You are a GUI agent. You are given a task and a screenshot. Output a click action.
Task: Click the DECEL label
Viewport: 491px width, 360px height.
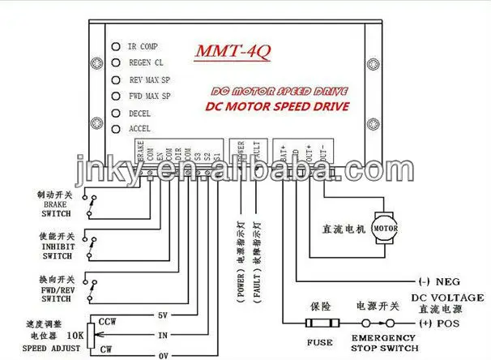(140, 114)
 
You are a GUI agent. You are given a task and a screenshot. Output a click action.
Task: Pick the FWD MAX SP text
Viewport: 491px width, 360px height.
(151, 96)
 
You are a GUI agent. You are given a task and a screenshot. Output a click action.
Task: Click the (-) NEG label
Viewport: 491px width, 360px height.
(442, 282)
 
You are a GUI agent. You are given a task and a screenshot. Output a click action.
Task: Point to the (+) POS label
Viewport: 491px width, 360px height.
(442, 324)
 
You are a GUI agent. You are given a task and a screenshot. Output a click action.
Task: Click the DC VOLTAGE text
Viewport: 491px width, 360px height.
(447, 298)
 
